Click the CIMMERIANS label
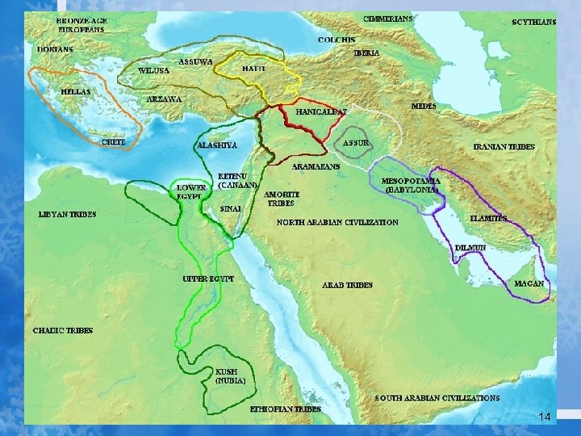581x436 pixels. [388, 19]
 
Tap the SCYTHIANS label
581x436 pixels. [534, 23]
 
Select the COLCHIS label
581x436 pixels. [336, 40]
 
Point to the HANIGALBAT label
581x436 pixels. [322, 111]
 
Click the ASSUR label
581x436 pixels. [356, 143]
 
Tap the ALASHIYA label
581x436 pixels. [217, 145]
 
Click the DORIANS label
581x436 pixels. [55, 49]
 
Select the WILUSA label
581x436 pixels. [153, 71]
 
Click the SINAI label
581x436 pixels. [231, 208]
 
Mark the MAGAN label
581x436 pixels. [529, 284]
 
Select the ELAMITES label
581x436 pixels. [489, 219]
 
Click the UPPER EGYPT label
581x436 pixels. [207, 279]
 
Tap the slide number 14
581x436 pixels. [544, 417]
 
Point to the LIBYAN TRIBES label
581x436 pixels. [67, 215]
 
